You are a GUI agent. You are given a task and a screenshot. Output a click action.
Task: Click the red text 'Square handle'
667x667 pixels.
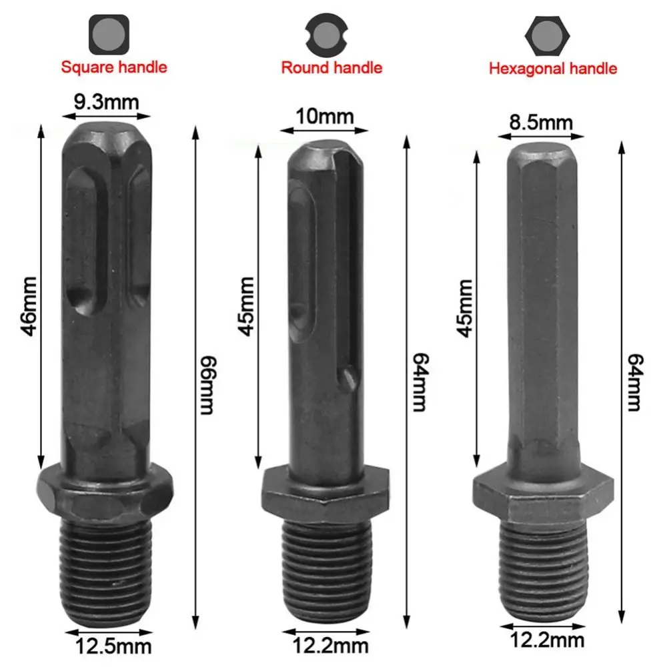[x=114, y=67]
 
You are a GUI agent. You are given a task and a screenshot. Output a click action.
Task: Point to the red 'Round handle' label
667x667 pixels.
[x=331, y=67]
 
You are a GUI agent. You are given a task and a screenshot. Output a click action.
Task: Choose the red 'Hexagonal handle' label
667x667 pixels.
[x=553, y=68]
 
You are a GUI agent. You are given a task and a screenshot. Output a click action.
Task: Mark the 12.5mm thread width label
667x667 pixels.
[x=113, y=645]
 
